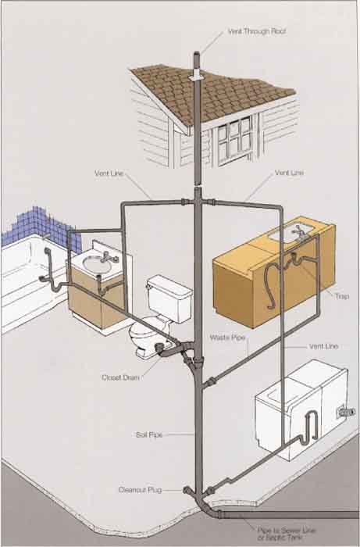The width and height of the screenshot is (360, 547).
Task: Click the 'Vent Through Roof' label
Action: (257, 31)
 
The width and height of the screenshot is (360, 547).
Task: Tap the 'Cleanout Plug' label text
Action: (140, 490)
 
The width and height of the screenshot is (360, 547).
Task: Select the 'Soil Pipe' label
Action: (149, 435)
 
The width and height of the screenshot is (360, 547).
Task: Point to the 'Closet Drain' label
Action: (120, 377)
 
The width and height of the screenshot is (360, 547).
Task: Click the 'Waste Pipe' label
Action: (227, 338)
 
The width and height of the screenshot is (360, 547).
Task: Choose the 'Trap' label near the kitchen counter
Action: (342, 296)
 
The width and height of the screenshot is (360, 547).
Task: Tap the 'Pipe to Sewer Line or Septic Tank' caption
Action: (287, 534)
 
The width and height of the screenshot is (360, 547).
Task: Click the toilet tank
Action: (169, 299)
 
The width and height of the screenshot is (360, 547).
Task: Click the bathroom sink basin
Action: (98, 264)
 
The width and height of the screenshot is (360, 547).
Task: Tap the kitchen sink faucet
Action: (299, 232)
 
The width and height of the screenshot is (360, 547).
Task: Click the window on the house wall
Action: (234, 140)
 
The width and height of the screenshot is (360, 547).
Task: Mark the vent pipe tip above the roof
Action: (197, 55)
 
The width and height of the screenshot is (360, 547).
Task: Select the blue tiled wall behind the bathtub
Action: (42, 227)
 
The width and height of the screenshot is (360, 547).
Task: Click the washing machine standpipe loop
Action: (312, 427)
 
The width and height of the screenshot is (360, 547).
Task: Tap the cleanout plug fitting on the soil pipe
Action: (188, 490)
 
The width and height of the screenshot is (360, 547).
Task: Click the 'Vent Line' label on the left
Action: (109, 173)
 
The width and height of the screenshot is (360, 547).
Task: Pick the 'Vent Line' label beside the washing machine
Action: (323, 346)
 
